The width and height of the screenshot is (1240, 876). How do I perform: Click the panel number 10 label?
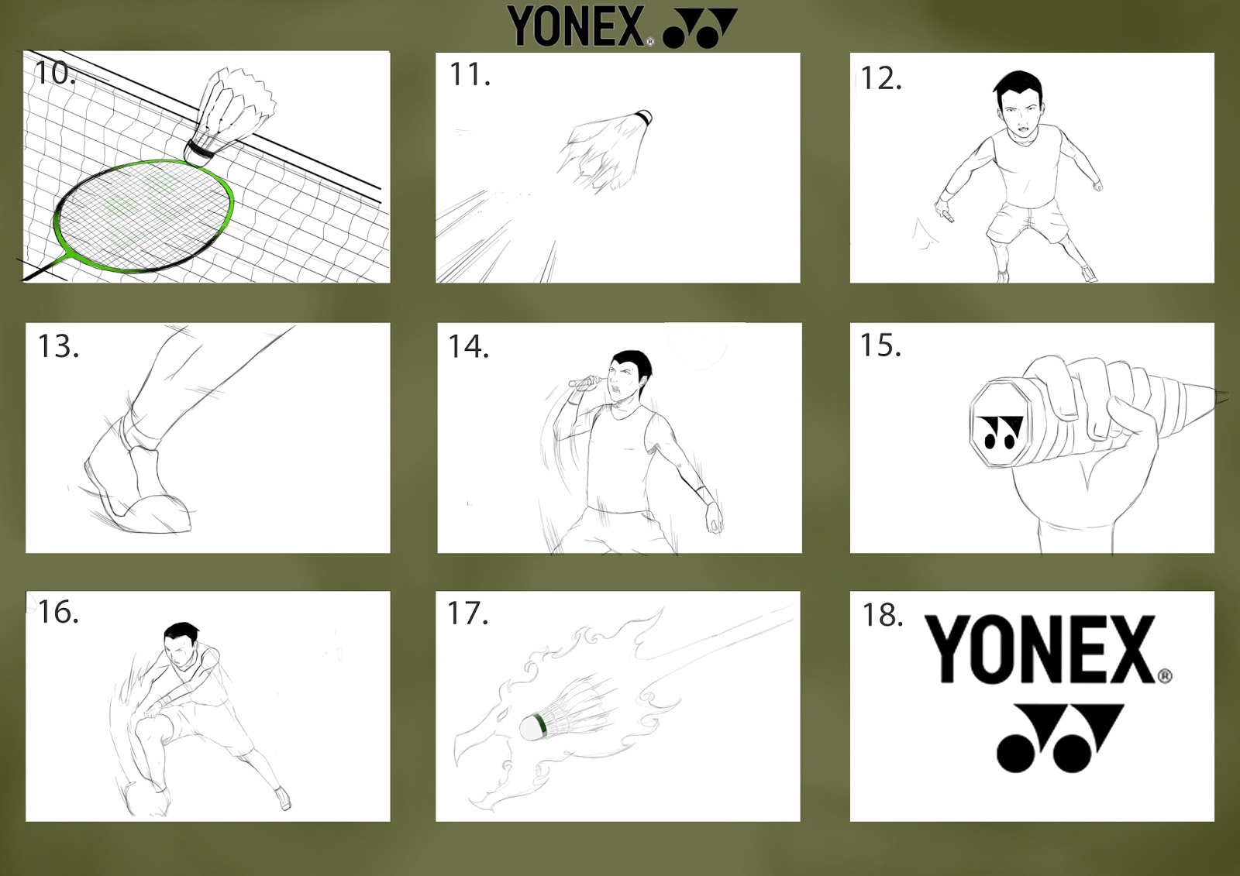54,74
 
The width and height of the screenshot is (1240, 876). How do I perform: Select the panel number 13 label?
58,346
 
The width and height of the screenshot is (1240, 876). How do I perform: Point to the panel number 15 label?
880,345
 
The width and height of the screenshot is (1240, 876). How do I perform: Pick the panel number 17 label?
468,613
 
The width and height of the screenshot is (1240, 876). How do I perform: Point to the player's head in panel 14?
629,377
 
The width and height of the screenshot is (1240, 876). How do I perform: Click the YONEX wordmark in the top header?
577,26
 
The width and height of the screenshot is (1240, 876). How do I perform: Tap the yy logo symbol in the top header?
700,28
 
